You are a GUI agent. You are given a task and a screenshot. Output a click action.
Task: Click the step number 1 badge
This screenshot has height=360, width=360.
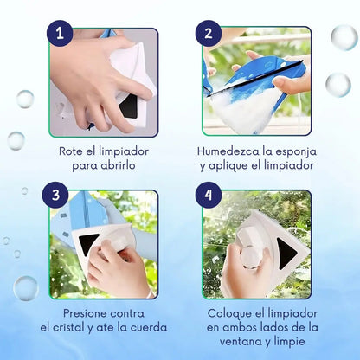pos(60,33)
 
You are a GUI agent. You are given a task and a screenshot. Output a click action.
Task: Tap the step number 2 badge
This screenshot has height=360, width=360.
pos(209,33)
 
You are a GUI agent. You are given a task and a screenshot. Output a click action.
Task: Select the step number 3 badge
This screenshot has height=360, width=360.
pos(55,195)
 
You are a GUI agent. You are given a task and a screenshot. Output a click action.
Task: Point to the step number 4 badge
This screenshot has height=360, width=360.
pos(209,195)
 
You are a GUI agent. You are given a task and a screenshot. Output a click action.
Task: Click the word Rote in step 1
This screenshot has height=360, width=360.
pos(71,151)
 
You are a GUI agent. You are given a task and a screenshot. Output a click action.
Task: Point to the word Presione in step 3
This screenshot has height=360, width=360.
pos(83,313)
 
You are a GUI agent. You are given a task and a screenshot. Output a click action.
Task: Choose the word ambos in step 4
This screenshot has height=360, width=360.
pos(241,327)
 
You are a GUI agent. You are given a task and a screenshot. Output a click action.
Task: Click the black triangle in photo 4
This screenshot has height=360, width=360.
pos(286,254)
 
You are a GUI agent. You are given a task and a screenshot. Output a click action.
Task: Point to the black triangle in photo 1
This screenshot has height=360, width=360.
pos(129,106)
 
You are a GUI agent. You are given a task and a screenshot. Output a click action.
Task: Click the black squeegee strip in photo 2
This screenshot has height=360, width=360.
pos(254,78)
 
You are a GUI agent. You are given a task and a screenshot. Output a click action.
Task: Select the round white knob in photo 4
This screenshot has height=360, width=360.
pos(252,257)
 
